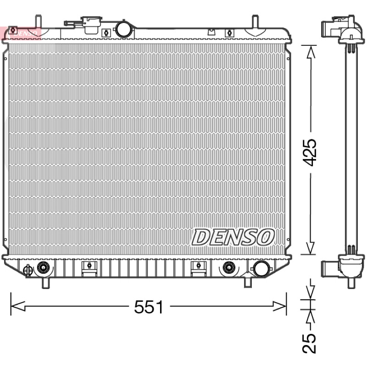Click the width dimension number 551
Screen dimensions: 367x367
click(149, 307)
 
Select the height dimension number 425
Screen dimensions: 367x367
click(309, 153)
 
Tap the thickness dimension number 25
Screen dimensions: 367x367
click(309, 343)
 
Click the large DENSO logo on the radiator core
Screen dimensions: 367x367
click(233, 237)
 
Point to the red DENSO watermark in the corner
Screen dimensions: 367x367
click(21, 33)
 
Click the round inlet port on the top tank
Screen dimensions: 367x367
click(123, 29)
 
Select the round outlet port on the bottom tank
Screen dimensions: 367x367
click(261, 269)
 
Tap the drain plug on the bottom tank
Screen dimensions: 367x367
click(28, 270)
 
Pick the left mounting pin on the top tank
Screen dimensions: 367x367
click(39, 22)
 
